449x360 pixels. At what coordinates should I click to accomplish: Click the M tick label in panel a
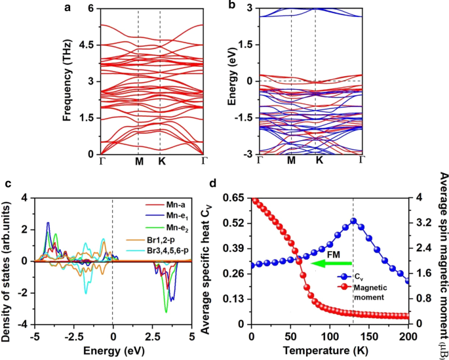(x=138, y=161)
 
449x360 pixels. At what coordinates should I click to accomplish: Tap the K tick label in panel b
(x=319, y=161)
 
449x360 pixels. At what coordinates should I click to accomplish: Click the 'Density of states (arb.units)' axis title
(x=8, y=260)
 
